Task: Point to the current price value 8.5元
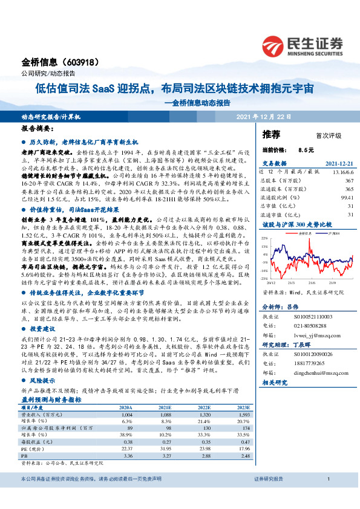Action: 306,149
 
